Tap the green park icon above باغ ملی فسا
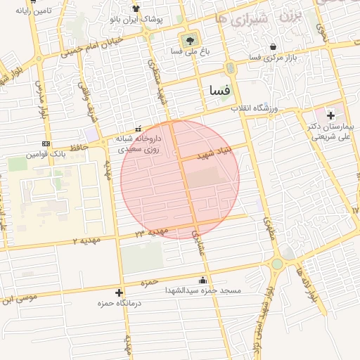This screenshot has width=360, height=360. [x=188, y=39]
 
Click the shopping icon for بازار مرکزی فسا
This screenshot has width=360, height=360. [x=272, y=47]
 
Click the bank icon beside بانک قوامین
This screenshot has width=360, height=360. [x=46, y=143]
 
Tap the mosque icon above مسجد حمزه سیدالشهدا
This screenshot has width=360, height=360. [x=203, y=280]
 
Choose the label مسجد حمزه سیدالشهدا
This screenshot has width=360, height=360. [x=203, y=290]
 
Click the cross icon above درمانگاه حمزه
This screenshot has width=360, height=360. [x=119, y=292]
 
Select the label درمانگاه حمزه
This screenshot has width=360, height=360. [x=119, y=303]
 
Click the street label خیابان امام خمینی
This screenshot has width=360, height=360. [x=92, y=46]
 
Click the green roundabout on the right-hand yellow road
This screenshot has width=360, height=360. [x=277, y=264]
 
